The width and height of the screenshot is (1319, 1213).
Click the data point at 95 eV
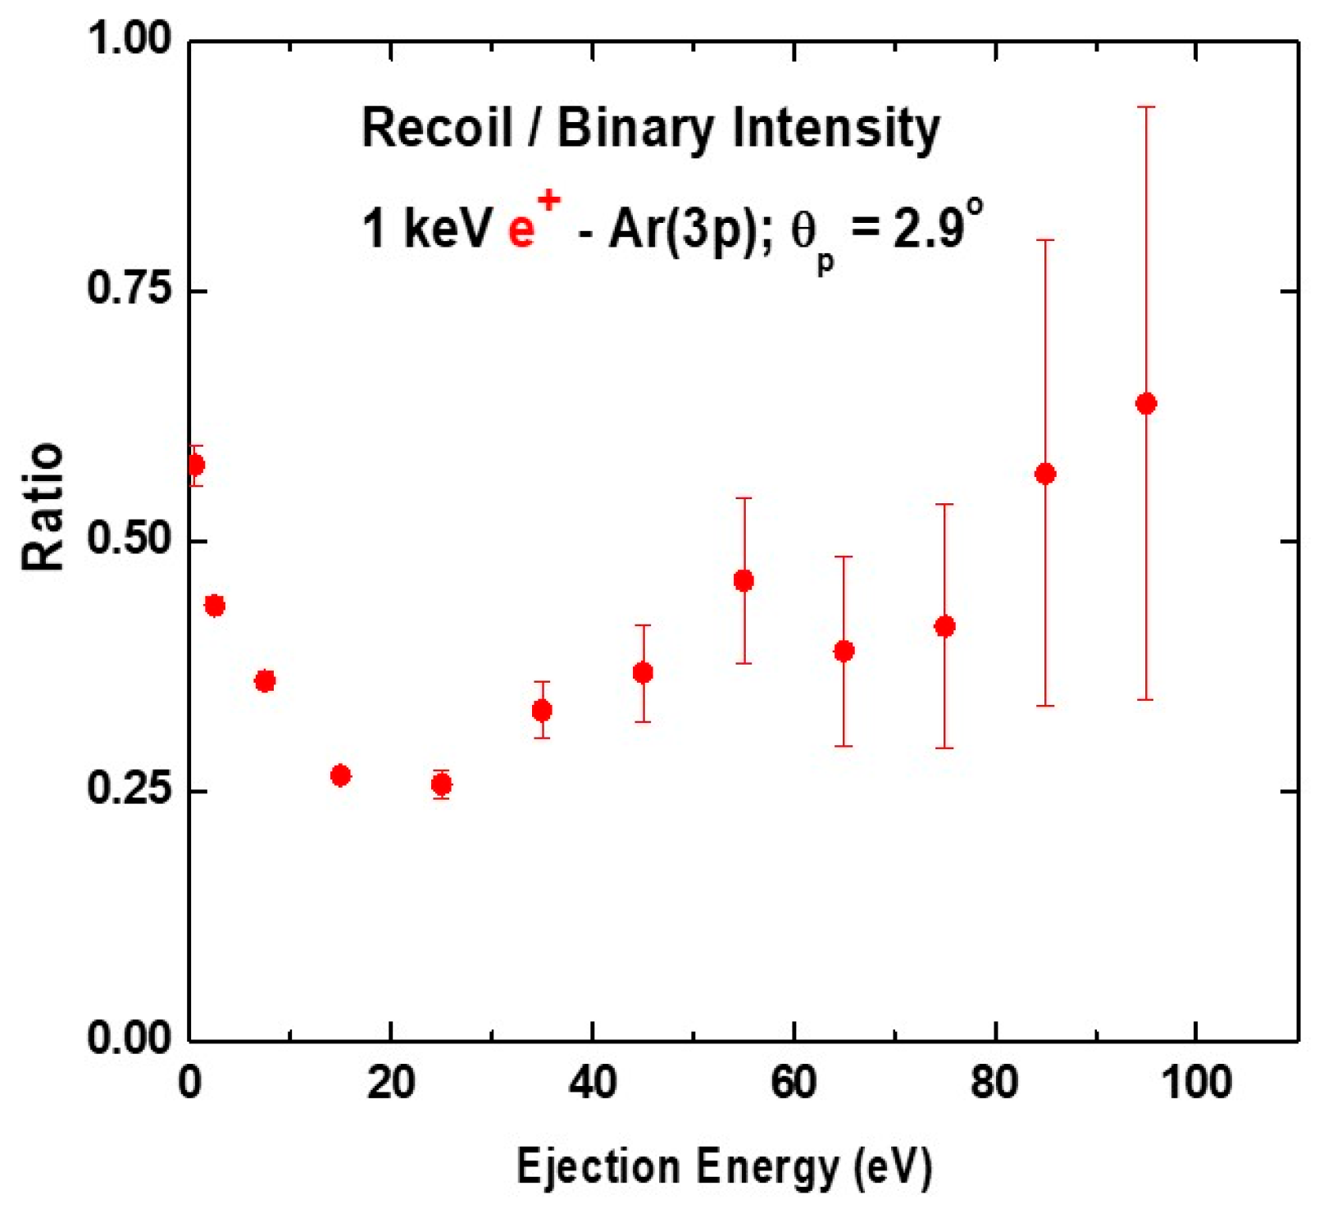pyautogui.click(x=1146, y=403)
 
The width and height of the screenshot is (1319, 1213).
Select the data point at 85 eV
pyautogui.click(x=1045, y=474)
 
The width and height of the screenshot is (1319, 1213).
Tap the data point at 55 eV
pyautogui.click(x=744, y=581)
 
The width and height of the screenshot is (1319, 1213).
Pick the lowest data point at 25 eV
pyautogui.click(x=441, y=784)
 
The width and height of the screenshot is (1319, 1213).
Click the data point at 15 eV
pyautogui.click(x=341, y=775)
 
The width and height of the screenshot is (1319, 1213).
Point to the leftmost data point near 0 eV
pyautogui.click(x=195, y=466)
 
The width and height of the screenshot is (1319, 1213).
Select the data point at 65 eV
pyautogui.click(x=844, y=652)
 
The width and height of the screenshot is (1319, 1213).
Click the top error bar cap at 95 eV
pyautogui.click(x=1146, y=107)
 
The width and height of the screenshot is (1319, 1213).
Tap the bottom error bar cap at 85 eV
pyautogui.click(x=1045, y=706)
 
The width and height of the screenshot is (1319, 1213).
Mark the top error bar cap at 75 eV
pyautogui.click(x=944, y=505)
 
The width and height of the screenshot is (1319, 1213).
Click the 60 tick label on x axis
pyautogui.click(x=794, y=1083)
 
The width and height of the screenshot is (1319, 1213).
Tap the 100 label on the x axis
pyautogui.click(x=1196, y=1083)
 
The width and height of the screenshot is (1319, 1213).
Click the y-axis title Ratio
pyautogui.click(x=43, y=507)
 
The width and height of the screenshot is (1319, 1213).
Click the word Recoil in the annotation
pyautogui.click(x=437, y=129)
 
